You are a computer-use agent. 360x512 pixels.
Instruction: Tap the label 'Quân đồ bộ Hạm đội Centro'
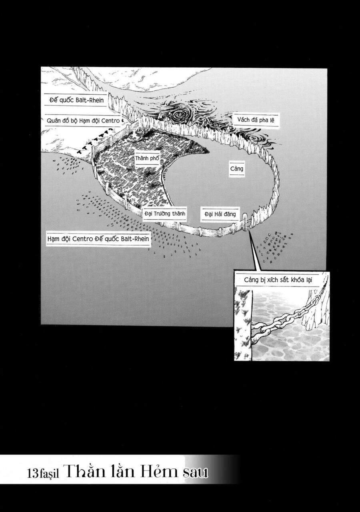83,120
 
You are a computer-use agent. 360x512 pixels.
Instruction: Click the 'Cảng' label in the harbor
236,168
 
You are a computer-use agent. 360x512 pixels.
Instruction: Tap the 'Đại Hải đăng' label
220,214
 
